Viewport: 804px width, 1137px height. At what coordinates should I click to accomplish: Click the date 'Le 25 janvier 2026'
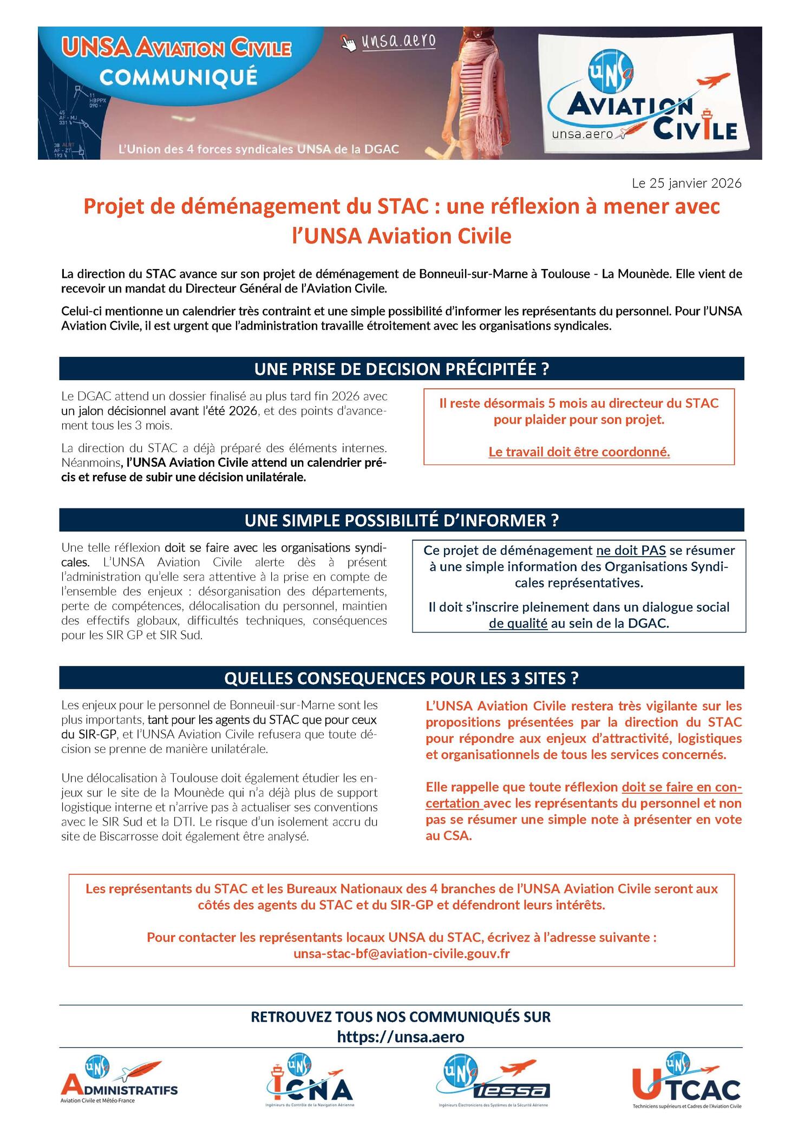(686, 183)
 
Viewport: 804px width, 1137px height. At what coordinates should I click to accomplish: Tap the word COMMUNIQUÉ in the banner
(178, 77)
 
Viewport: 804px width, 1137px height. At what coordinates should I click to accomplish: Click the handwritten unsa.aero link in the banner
(398, 41)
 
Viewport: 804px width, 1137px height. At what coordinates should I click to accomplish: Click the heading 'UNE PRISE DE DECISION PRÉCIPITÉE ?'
(402, 369)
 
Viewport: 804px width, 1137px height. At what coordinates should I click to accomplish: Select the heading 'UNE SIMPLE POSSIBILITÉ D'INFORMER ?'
(402, 520)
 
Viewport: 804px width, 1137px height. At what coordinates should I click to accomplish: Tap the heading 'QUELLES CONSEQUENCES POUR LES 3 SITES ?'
(402, 678)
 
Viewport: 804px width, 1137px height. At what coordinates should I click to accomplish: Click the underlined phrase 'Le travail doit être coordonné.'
(579, 452)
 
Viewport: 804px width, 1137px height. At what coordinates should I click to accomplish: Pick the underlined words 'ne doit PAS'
(631, 551)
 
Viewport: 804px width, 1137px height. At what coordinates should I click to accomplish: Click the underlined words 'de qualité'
(518, 623)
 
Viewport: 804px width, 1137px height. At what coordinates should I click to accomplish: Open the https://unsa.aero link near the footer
(401, 1036)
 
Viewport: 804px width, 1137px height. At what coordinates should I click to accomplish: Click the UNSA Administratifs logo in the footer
(119, 1082)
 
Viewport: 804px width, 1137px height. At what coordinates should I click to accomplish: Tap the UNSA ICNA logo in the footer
(309, 1082)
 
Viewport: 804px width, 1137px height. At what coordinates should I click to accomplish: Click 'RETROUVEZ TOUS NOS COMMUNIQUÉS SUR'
(401, 1016)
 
